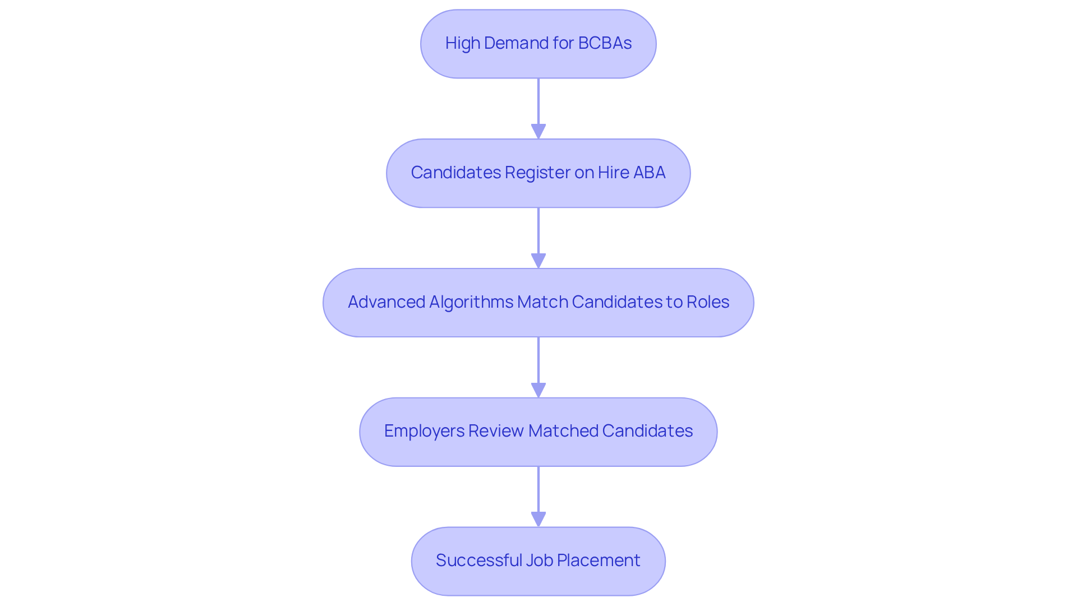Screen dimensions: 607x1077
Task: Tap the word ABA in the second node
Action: click(x=649, y=172)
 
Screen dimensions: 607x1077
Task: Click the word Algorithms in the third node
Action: click(x=471, y=302)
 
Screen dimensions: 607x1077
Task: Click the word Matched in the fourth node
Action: click(x=563, y=430)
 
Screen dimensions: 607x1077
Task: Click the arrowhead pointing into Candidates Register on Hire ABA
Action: click(x=538, y=131)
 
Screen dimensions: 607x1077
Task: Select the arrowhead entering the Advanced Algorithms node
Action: click(x=538, y=261)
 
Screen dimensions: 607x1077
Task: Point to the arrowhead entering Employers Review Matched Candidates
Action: click(x=538, y=390)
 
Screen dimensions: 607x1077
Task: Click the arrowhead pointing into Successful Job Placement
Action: click(x=538, y=519)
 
